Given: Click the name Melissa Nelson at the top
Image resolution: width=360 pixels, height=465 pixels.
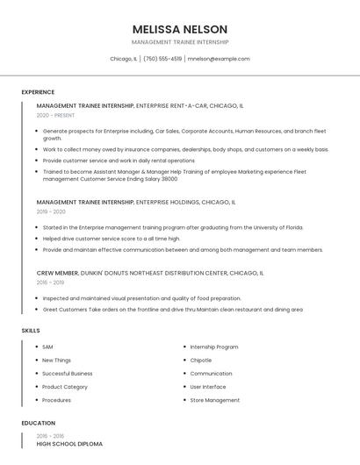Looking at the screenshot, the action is pyautogui.click(x=180, y=29).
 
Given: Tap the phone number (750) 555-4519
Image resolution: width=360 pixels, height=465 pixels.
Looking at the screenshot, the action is pyautogui.click(x=162, y=59).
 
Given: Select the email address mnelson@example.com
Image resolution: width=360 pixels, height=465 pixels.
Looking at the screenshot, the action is pyautogui.click(x=219, y=59).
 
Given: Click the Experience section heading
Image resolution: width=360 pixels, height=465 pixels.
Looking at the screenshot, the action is pyautogui.click(x=38, y=92).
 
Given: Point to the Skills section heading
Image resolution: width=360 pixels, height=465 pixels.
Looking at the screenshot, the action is pyautogui.click(x=31, y=330).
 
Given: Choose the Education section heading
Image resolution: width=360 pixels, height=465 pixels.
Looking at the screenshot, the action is pyautogui.click(x=38, y=423).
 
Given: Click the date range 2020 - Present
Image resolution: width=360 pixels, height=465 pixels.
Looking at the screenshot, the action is pyautogui.click(x=55, y=115).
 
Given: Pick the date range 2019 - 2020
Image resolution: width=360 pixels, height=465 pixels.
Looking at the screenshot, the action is pyautogui.click(x=51, y=211).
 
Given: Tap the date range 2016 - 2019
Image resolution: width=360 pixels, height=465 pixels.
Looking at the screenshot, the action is pyautogui.click(x=50, y=283).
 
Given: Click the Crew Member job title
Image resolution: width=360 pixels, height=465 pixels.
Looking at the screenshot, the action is pyautogui.click(x=57, y=273).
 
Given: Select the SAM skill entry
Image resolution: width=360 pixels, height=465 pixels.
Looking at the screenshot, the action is pyautogui.click(x=47, y=347).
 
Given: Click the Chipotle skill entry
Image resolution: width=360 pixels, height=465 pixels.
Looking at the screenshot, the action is pyautogui.click(x=201, y=360).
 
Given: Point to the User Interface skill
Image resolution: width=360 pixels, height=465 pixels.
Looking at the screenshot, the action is pyautogui.click(x=208, y=387).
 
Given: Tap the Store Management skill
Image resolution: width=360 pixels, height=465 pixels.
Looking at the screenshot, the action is pyautogui.click(x=214, y=400).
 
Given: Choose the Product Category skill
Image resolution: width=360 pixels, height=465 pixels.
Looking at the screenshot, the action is pyautogui.click(x=65, y=387).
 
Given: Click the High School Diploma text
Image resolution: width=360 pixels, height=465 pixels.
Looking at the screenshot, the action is pyautogui.click(x=69, y=444).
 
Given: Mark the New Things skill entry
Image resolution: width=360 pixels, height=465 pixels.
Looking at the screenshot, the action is pyautogui.click(x=56, y=360).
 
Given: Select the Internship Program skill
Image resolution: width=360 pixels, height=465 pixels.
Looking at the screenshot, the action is pyautogui.click(x=213, y=347).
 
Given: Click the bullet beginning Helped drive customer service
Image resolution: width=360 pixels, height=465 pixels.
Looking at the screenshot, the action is pyautogui.click(x=112, y=238).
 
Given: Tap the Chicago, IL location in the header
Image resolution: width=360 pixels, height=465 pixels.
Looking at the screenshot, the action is pyautogui.click(x=123, y=59).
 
